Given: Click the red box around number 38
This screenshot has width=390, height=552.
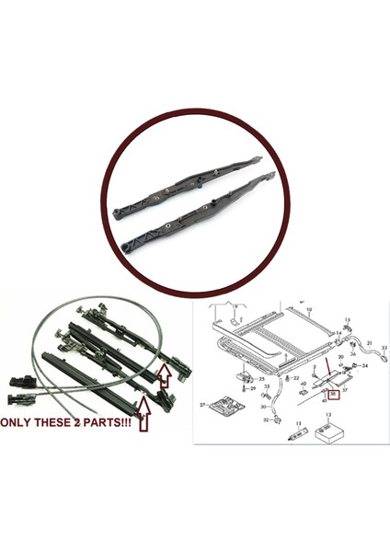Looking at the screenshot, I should tap(334, 394).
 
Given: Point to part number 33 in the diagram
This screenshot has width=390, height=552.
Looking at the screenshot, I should tap(384, 348).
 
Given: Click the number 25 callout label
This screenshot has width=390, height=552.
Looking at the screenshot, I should tap(262, 378).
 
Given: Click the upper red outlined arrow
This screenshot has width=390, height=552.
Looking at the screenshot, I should tap(163, 372).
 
